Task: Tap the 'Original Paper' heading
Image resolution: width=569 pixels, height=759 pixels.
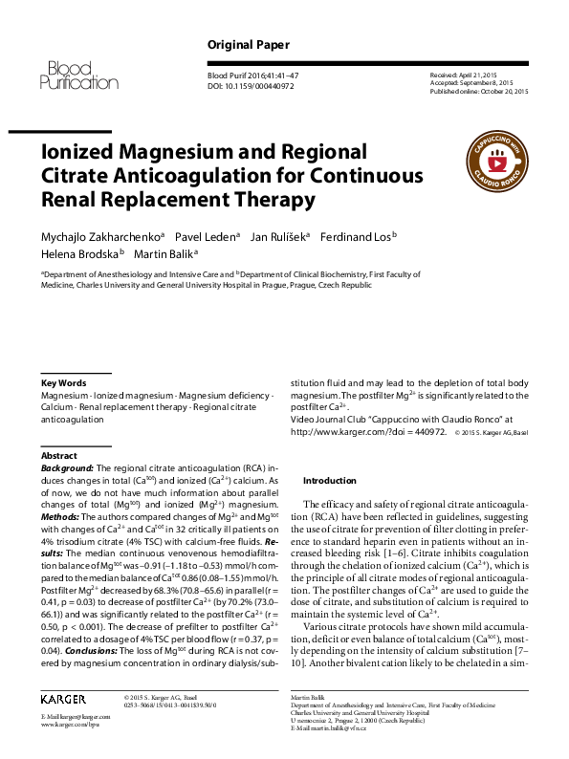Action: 249,45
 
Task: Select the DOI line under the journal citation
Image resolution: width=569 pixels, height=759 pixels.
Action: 252,85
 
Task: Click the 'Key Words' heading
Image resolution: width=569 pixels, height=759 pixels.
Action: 64,382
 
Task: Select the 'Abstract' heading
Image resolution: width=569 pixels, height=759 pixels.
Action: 59,456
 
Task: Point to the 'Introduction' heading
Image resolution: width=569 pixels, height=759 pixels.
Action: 329,480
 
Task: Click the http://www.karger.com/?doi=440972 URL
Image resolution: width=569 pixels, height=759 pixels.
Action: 368,431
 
